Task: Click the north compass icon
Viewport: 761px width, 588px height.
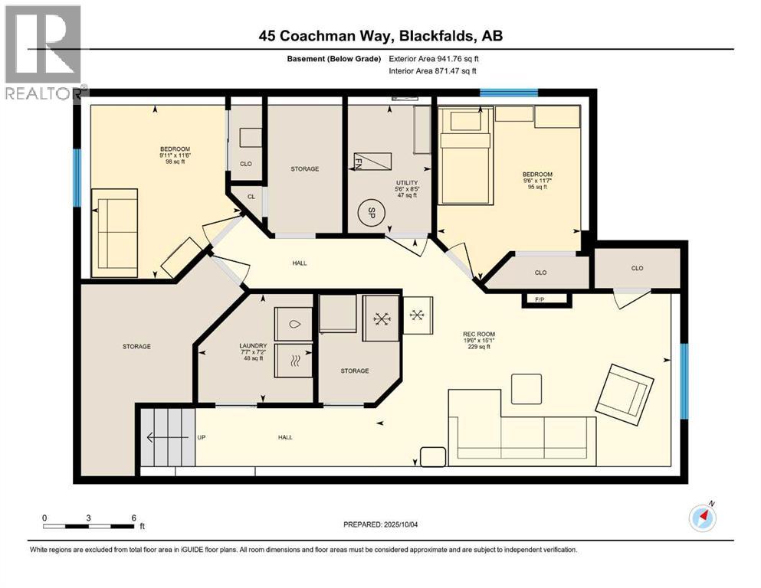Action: coord(702,518)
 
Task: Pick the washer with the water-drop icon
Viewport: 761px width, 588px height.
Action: coord(293,324)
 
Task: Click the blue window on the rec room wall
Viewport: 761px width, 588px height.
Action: coord(684,381)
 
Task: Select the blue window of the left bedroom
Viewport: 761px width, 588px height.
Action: coord(77,178)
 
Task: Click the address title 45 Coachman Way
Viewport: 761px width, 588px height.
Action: coord(380,35)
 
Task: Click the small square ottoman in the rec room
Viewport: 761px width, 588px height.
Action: coord(527,388)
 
